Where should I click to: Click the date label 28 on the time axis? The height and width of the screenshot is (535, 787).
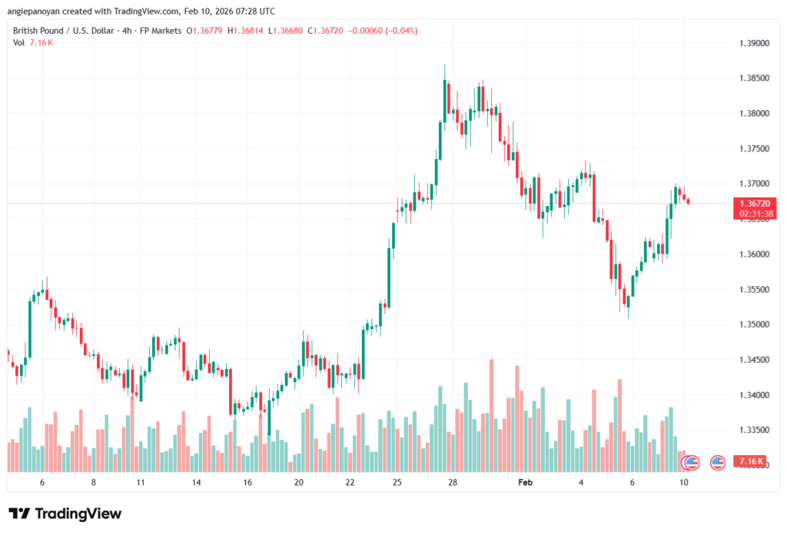tap(453, 482)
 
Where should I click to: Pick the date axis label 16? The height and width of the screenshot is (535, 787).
tap(247, 482)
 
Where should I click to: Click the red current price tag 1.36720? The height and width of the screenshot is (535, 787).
tap(750, 203)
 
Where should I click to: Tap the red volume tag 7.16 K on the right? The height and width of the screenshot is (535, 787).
tap(750, 461)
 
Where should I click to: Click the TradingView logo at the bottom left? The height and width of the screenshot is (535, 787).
tap(65, 513)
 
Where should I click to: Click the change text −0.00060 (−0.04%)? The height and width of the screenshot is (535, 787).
tap(384, 31)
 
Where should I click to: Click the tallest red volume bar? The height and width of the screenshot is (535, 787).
tap(491, 415)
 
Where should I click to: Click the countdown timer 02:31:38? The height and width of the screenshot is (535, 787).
tap(750, 213)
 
